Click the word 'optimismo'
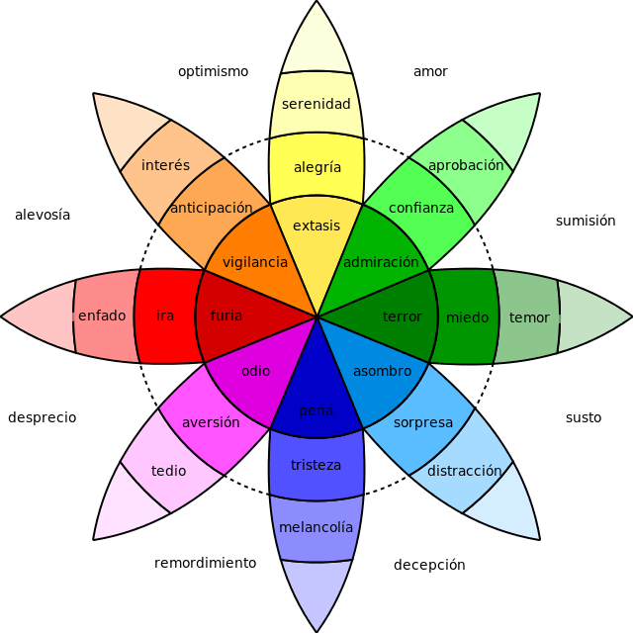point(213,71)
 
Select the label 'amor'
point(430,71)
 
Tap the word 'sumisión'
point(585,221)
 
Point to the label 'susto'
point(583,417)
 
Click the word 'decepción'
point(429,565)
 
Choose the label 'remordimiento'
point(205,563)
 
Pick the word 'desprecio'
point(42,417)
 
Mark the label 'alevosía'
point(43,215)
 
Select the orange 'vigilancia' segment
point(255,263)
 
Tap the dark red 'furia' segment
point(226,316)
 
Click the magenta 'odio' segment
point(255,372)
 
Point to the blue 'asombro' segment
point(382,372)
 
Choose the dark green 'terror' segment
point(402,316)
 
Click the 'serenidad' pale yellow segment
point(316,104)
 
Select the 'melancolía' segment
point(316,528)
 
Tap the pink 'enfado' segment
point(102,316)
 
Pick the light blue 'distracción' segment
point(465,471)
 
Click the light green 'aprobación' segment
point(466,165)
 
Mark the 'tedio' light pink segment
point(168,471)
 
